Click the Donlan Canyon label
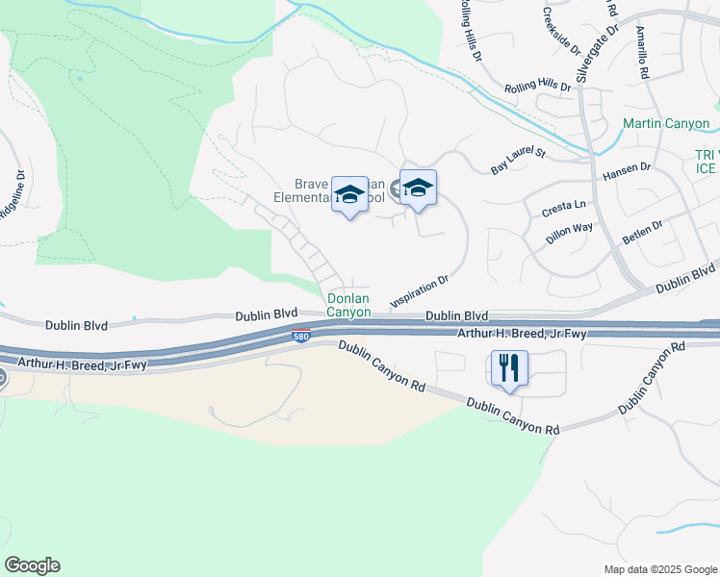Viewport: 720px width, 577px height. tap(347, 305)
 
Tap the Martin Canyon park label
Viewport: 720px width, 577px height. tap(665, 124)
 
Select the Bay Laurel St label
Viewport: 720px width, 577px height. tap(518, 161)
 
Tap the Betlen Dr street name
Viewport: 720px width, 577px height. tap(643, 232)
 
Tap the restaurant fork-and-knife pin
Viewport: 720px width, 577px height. tap(509, 367)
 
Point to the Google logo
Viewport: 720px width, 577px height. tap(32, 564)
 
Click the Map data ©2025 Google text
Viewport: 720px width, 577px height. tap(659, 569)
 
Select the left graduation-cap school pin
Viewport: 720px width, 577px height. tap(349, 193)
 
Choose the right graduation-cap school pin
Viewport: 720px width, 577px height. tap(418, 188)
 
